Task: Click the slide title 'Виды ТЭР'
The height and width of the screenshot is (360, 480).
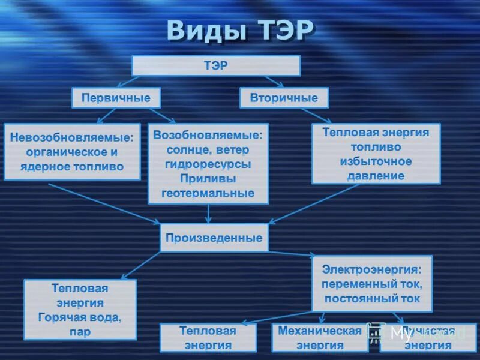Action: click(x=240, y=30)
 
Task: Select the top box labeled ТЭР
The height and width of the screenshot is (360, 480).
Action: click(x=216, y=65)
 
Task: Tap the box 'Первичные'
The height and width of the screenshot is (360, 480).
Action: click(x=116, y=98)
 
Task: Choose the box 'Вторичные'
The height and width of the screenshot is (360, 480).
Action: click(x=284, y=98)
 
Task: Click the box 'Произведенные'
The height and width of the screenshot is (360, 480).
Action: click(x=214, y=238)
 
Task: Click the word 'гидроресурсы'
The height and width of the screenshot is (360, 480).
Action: click(x=208, y=164)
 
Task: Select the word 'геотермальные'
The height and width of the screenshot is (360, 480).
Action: click(x=208, y=193)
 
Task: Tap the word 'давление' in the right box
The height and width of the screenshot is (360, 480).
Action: click(x=376, y=176)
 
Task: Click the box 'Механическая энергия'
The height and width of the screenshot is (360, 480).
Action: click(x=319, y=338)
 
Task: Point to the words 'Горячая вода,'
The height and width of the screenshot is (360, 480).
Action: click(x=80, y=317)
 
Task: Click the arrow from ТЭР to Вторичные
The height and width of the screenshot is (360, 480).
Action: click(x=274, y=81)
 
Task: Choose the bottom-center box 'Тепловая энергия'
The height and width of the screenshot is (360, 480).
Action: click(x=208, y=338)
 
